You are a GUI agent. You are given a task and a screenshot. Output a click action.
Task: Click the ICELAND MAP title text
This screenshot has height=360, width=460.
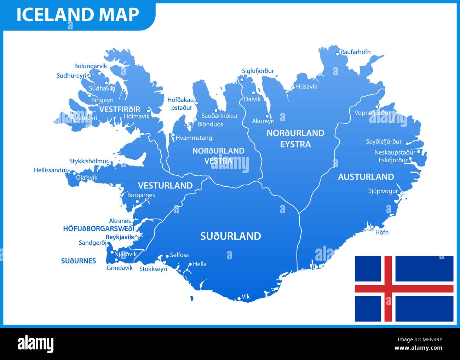click(x=77, y=14)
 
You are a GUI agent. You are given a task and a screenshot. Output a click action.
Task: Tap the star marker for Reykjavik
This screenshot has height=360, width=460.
click(x=136, y=237)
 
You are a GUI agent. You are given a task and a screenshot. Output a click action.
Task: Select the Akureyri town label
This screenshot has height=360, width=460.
click(x=263, y=121)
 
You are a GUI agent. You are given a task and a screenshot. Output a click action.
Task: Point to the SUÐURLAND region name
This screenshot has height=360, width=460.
click(x=231, y=236)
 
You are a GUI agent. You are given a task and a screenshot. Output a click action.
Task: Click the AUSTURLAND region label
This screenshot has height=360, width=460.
click(x=366, y=177)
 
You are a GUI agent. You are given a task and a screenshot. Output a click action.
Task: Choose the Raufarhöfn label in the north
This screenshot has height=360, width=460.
click(x=355, y=52)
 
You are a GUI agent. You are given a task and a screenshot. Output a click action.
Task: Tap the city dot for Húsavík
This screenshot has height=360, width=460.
click(x=293, y=88)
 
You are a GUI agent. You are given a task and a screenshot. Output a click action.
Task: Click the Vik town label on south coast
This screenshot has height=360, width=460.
click(x=246, y=297)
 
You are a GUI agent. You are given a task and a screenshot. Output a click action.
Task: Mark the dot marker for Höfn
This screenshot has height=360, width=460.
click(x=372, y=227)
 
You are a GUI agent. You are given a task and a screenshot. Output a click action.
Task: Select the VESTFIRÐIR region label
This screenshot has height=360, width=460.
click(x=120, y=109)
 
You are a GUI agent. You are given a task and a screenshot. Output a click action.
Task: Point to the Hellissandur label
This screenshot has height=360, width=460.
click(x=51, y=170)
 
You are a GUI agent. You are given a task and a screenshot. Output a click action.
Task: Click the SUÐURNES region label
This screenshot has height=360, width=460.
click(x=79, y=261)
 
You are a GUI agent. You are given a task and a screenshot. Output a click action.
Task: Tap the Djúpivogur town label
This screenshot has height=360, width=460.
click(x=383, y=191)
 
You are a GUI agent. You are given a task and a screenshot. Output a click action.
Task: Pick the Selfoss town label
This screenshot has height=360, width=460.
click(x=179, y=255)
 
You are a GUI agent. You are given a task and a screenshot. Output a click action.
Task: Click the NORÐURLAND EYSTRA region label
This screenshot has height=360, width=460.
click(x=295, y=139)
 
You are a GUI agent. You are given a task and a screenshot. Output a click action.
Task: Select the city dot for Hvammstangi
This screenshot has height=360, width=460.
click(x=173, y=135)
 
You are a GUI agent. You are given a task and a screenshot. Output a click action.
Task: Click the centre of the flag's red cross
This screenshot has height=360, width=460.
click(x=388, y=289)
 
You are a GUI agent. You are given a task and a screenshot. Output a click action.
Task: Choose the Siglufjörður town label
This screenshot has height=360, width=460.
click(x=258, y=71)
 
